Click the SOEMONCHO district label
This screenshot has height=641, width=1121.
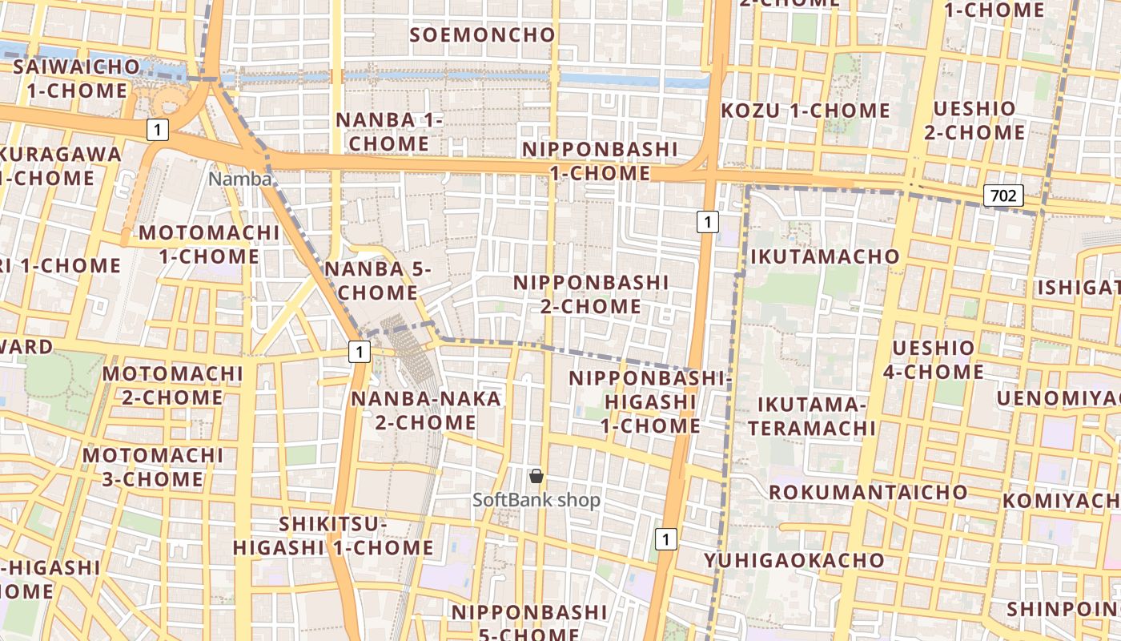[x=482, y=35]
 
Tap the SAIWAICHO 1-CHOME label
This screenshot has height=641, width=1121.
[x=77, y=79]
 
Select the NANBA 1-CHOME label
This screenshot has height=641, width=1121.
[x=390, y=132]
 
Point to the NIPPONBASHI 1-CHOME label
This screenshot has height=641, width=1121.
[x=600, y=161]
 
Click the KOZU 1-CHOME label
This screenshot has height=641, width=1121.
[x=806, y=111]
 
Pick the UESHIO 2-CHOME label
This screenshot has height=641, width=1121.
[x=974, y=120]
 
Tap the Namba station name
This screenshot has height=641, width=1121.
[x=240, y=179]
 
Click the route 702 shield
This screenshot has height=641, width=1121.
[x=1003, y=195]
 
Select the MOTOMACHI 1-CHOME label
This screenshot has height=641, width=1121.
[x=209, y=245]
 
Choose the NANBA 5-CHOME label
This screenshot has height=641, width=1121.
[x=378, y=281]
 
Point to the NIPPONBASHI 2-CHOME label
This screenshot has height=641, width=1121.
[x=591, y=294]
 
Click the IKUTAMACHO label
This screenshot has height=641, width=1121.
[x=825, y=256]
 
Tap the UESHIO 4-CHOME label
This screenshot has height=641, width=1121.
[x=934, y=360]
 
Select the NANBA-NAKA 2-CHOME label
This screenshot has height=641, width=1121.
[x=426, y=410]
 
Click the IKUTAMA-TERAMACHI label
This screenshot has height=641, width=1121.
[x=813, y=416]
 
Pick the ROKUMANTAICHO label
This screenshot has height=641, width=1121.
[x=869, y=492]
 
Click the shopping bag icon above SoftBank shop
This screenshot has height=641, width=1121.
[x=536, y=477]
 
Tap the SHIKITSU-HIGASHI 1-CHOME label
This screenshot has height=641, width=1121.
[x=333, y=536]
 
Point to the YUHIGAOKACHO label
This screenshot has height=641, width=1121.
[x=794, y=560]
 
